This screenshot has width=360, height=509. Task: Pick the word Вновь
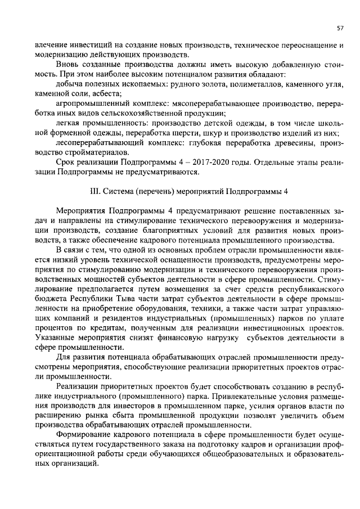[x=68, y=64]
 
